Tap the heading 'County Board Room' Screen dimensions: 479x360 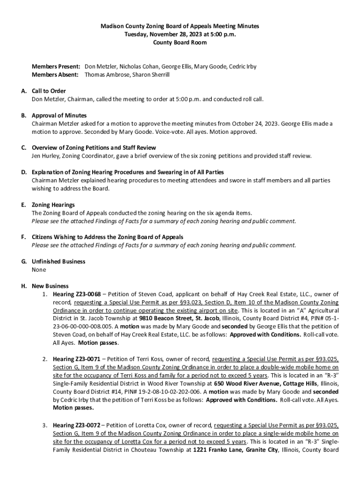click(x=180, y=42)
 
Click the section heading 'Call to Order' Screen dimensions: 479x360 click(x=49, y=91)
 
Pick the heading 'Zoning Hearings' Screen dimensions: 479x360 click(x=53, y=205)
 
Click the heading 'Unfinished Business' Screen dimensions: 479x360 click(x=58, y=261)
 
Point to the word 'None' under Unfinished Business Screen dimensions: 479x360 click(x=39, y=270)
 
